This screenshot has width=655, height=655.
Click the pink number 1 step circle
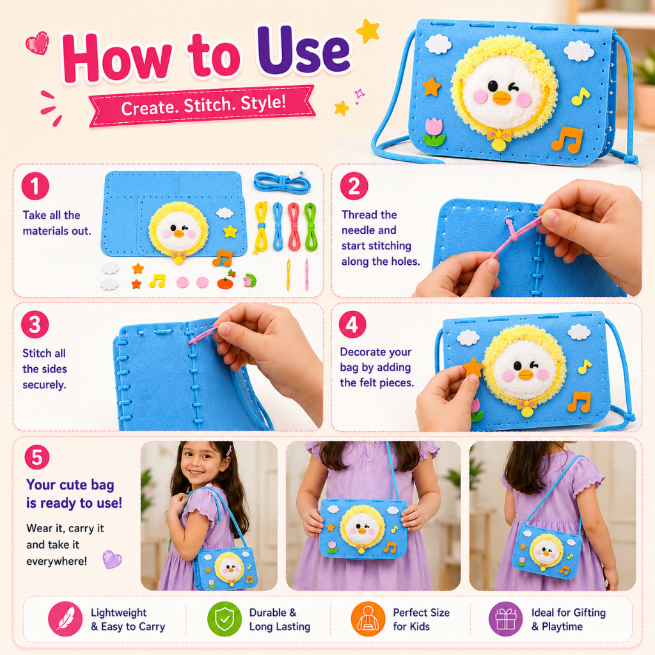(35, 186)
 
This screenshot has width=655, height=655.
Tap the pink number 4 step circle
(352, 324)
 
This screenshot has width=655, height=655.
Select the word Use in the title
(304, 51)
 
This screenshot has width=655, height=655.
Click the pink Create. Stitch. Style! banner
(202, 105)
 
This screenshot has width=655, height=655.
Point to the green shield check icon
(225, 619)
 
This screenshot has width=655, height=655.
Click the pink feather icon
(65, 619)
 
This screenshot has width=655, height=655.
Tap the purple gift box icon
(505, 619)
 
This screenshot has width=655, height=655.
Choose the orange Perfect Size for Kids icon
(368, 619)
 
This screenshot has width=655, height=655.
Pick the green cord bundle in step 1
(310, 226)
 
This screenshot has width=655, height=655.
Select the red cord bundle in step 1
(294, 226)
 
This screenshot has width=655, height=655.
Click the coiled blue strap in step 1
(282, 183)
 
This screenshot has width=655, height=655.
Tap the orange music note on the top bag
(567, 139)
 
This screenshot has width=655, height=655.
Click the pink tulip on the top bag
(434, 132)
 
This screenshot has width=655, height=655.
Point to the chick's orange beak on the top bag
(501, 98)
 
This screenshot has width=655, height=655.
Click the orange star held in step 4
(473, 368)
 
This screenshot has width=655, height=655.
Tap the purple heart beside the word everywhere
(112, 559)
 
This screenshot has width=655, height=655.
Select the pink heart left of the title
(37, 43)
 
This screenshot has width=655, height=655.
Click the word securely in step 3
(44, 384)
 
